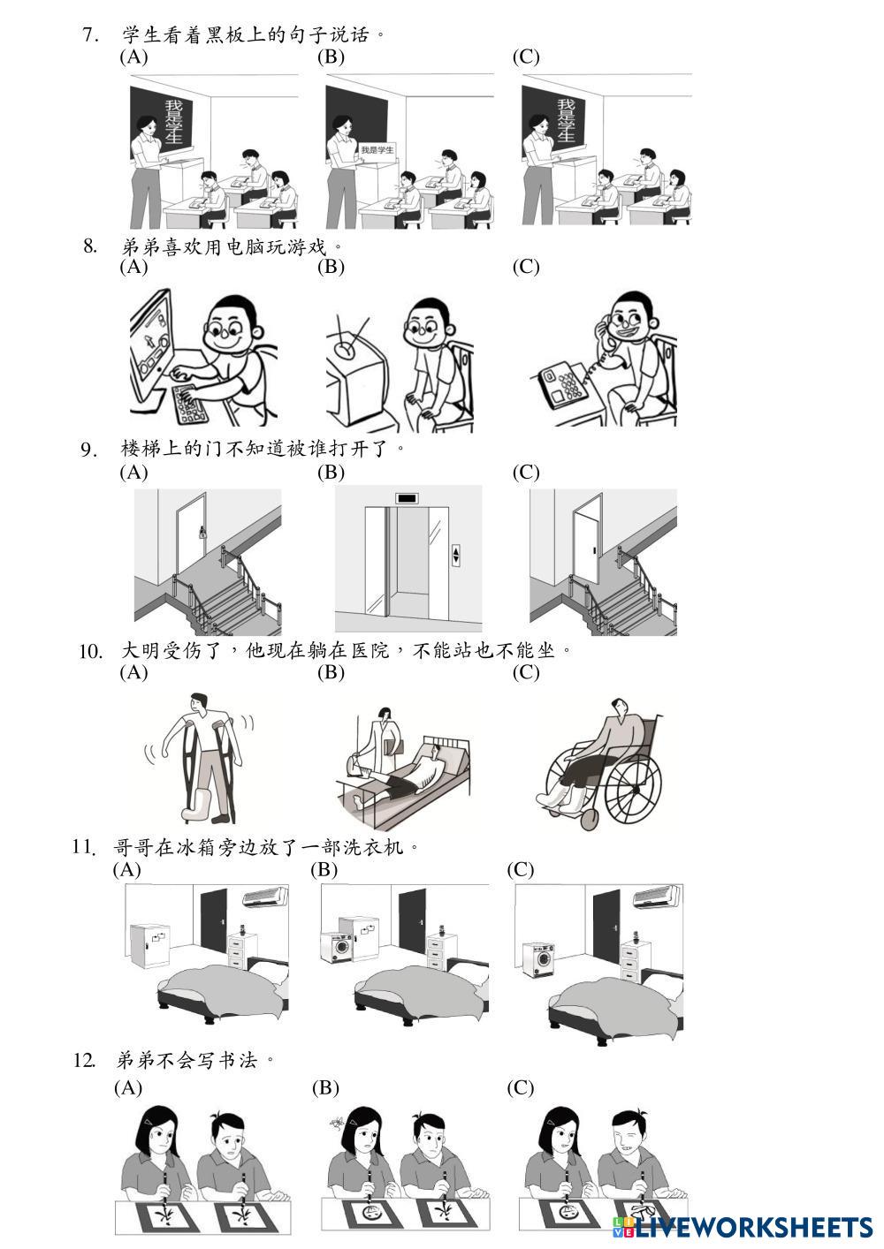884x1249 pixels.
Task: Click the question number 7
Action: (90, 35)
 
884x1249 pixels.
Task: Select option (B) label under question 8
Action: (331, 267)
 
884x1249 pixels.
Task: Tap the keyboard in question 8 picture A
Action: (190, 403)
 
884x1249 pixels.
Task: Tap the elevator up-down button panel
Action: (455, 555)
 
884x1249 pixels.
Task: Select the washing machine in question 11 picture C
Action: (538, 960)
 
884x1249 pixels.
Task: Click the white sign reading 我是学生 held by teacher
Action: (377, 149)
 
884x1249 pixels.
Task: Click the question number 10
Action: (90, 651)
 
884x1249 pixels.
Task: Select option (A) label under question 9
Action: (134, 473)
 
